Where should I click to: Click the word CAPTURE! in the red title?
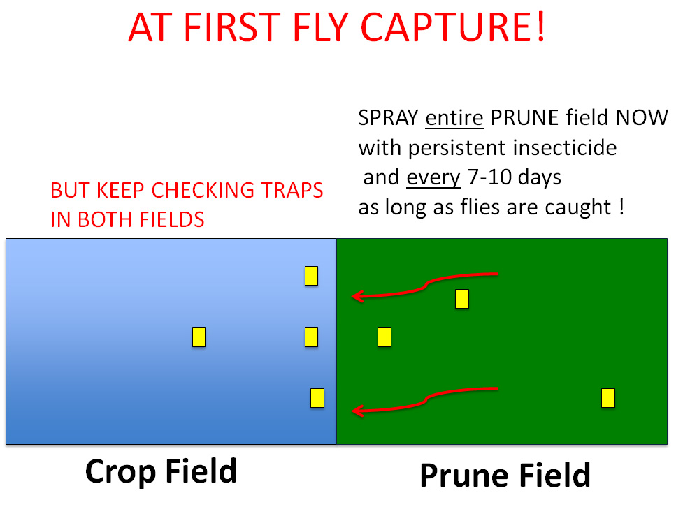pos(453,27)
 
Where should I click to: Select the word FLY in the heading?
pos(322,27)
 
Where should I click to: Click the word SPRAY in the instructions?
pos(388,118)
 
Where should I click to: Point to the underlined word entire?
pos(454,118)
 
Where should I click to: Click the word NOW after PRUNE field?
pos(642,118)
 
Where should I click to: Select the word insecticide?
pos(565,147)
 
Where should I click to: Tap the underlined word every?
pos(433,177)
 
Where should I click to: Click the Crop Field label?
pos(161,471)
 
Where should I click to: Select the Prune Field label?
pos(505,475)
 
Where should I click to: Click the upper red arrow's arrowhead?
pos(357,297)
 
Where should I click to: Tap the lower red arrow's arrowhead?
pos(357,411)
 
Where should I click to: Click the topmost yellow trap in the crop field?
pos(312,276)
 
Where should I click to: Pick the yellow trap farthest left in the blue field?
pos(199,337)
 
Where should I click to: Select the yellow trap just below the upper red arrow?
pos(462,299)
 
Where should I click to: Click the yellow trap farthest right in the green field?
pos(608,398)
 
